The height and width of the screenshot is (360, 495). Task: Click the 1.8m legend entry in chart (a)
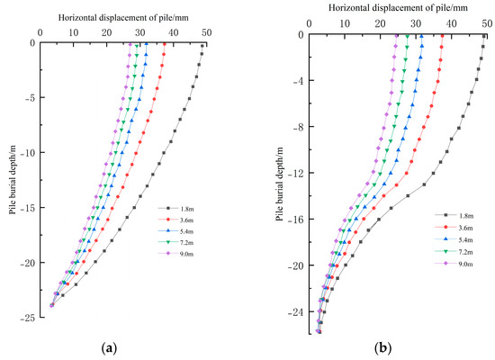pos(175,206)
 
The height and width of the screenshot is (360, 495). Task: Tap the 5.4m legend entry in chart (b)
pos(455,238)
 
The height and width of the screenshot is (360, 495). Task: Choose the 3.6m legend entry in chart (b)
pos(455,227)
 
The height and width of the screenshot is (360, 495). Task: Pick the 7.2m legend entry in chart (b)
pos(455,251)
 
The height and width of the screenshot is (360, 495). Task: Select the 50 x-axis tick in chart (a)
pos(206,32)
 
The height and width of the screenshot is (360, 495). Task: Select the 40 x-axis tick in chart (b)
pos(449,24)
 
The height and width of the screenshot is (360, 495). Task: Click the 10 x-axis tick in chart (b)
pos(344,24)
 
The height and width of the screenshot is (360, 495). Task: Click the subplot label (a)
pos(109,347)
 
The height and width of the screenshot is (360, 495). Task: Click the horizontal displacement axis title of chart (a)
pos(121,18)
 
